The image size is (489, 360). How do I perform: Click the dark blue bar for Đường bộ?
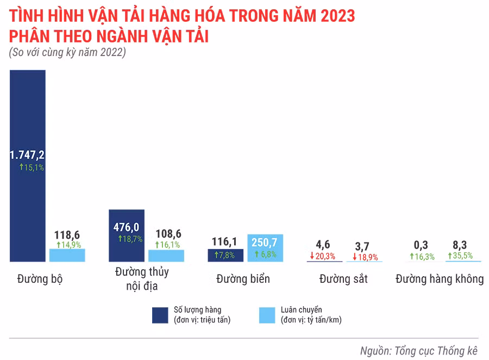(x=27, y=109)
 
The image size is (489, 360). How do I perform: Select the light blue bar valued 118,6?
(x=67, y=255)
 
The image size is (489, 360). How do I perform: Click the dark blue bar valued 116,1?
(x=225, y=256)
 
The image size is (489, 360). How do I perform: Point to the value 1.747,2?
(x=27, y=156)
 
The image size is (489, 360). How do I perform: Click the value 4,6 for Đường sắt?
(x=323, y=244)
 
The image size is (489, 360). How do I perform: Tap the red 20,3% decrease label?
(x=323, y=256)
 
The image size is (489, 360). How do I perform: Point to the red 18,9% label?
(x=365, y=257)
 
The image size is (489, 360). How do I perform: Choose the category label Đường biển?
(x=243, y=279)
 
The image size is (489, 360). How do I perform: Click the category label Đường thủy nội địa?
(x=142, y=278)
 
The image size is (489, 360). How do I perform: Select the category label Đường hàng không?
(x=440, y=279)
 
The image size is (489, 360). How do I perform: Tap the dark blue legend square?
(x=160, y=315)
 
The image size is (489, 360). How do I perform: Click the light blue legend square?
(x=267, y=315)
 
